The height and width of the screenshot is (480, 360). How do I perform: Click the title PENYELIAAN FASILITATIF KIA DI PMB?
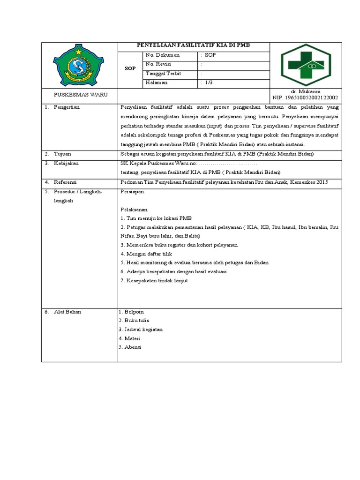[194, 45]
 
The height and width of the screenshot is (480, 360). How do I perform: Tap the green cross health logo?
[306, 65]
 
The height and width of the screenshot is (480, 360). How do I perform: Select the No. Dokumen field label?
[163, 55]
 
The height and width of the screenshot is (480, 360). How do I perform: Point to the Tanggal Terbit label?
[164, 74]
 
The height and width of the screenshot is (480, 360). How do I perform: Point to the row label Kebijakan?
[66, 163]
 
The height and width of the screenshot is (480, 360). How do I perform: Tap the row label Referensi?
[65, 182]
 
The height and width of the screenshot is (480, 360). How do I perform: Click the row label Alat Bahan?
[67, 312]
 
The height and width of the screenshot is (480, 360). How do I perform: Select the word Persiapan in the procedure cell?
[133, 192]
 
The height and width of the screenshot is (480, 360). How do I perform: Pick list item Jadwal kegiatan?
[142, 330]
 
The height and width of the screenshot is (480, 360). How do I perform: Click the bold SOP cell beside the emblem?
[130, 68]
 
